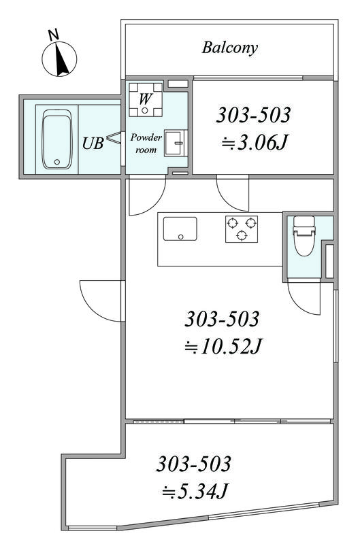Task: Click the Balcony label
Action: point(230,48)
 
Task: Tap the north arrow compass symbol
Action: point(59,58)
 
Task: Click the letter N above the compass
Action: point(53,35)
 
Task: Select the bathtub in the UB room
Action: point(57,139)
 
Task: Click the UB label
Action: point(93,143)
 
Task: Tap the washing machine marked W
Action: point(146,99)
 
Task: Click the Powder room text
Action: point(146,143)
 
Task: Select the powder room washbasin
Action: point(176,143)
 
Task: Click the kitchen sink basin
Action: point(180,228)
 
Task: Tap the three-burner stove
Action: point(242,229)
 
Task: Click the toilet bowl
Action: point(304,236)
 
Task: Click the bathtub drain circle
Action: point(57,162)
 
